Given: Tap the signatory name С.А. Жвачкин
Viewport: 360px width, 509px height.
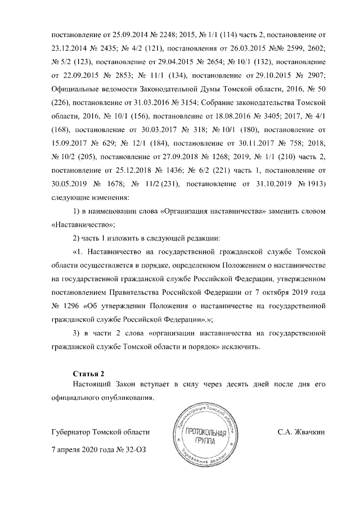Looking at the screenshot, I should coord(301,433).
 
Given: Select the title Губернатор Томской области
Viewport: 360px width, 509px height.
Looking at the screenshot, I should coord(101,433).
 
